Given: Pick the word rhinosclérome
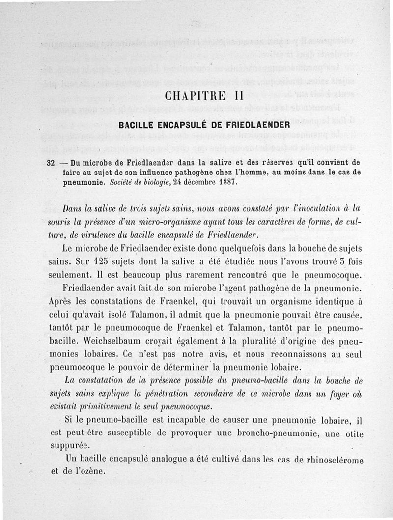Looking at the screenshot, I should tap(336, 460).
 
